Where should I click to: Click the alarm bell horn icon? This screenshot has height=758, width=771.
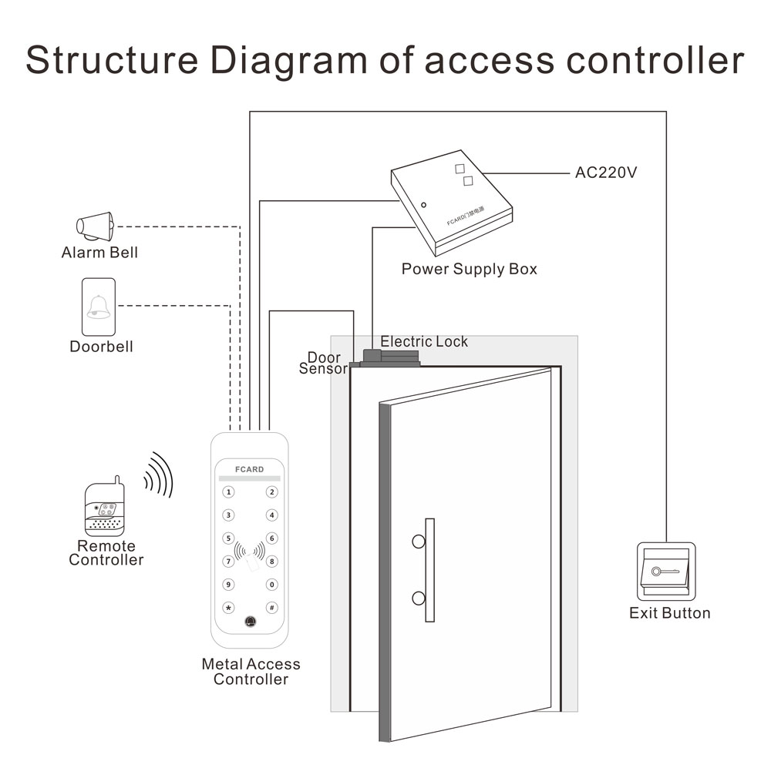tap(95, 226)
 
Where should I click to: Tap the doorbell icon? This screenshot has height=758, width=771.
tap(98, 307)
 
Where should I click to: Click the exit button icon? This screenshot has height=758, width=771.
tap(666, 572)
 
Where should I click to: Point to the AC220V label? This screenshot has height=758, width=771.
tap(606, 173)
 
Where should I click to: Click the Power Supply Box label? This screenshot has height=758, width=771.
tap(469, 270)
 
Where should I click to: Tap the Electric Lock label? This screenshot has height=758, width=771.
tap(424, 341)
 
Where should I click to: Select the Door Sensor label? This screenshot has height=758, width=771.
tap(323, 364)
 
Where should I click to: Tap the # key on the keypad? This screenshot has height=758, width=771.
tap(271, 607)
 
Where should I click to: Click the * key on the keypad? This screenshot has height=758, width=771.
tap(228, 607)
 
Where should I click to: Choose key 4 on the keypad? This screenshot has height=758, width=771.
tap(271, 515)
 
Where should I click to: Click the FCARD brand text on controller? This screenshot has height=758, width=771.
tap(249, 469)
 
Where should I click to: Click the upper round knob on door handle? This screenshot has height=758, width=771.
tap(418, 542)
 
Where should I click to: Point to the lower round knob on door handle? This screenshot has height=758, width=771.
tap(418, 598)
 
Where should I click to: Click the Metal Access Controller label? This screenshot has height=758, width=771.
tap(251, 672)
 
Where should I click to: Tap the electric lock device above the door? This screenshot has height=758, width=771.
tap(389, 358)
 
